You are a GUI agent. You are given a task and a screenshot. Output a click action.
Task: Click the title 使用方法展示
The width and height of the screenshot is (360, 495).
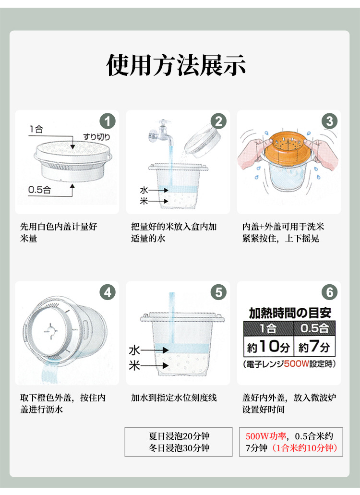pos(176,65)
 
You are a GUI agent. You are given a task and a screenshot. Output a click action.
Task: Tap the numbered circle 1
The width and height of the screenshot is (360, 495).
pos(108,121)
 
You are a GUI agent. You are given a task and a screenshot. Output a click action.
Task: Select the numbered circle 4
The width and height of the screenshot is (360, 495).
pos(108,292)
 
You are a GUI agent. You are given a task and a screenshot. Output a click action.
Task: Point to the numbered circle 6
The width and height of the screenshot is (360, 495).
pos(330,292)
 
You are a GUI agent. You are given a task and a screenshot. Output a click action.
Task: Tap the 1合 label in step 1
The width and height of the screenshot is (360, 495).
pos(36,129)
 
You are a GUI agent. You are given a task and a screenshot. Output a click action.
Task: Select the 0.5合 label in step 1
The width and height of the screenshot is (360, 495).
pos(39,190)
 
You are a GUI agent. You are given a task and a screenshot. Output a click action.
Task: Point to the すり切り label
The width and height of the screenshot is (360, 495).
pos(97,137)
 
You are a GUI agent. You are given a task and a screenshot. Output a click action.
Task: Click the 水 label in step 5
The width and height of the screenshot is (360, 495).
pos(134,350)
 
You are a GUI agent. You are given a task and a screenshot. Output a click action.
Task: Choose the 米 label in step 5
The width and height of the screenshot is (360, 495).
pos(134,365)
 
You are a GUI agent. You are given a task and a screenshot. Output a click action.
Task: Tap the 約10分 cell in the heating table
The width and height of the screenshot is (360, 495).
pos(268,346)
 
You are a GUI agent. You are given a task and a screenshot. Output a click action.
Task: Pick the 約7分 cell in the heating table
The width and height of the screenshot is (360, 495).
pos(314,346)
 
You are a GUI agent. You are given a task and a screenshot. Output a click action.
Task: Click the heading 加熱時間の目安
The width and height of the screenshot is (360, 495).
pos(290,313)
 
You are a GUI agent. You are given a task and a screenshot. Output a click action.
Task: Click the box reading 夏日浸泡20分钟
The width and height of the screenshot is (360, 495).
pos(179,442)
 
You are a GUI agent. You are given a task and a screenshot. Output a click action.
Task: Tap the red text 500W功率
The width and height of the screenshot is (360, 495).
pos(265,436)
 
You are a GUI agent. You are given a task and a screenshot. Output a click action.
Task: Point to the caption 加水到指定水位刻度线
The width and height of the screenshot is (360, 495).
pos(174,398)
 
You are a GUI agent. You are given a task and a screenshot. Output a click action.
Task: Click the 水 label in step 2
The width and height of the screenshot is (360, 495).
pos(144,190)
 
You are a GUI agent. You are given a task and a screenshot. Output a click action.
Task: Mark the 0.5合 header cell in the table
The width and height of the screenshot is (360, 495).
pos(314,328)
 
